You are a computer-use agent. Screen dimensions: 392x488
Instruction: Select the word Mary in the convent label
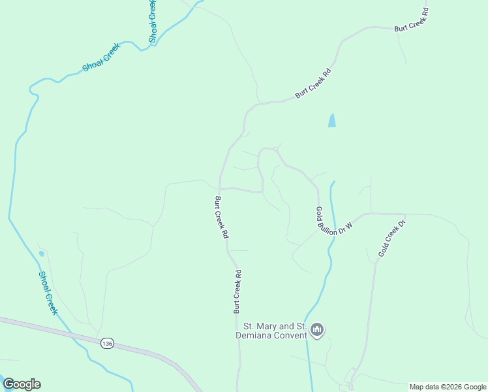click(x=267, y=327)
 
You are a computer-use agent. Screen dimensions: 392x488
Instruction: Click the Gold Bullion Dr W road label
click(x=333, y=221)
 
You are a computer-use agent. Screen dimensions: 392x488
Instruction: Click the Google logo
click(x=22, y=384)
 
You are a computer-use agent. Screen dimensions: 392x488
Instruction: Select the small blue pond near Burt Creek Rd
click(x=332, y=120)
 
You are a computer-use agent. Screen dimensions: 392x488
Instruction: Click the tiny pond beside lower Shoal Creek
click(x=42, y=253)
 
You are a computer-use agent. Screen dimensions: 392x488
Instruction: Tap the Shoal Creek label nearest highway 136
click(x=48, y=293)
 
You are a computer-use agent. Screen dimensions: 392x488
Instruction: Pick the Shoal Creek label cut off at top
click(x=152, y=22)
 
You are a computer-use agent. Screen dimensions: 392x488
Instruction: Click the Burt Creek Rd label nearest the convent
click(x=237, y=291)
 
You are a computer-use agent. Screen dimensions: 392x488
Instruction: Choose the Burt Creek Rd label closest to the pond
click(x=314, y=84)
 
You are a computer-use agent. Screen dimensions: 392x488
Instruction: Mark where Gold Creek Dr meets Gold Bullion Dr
click(x=405, y=214)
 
